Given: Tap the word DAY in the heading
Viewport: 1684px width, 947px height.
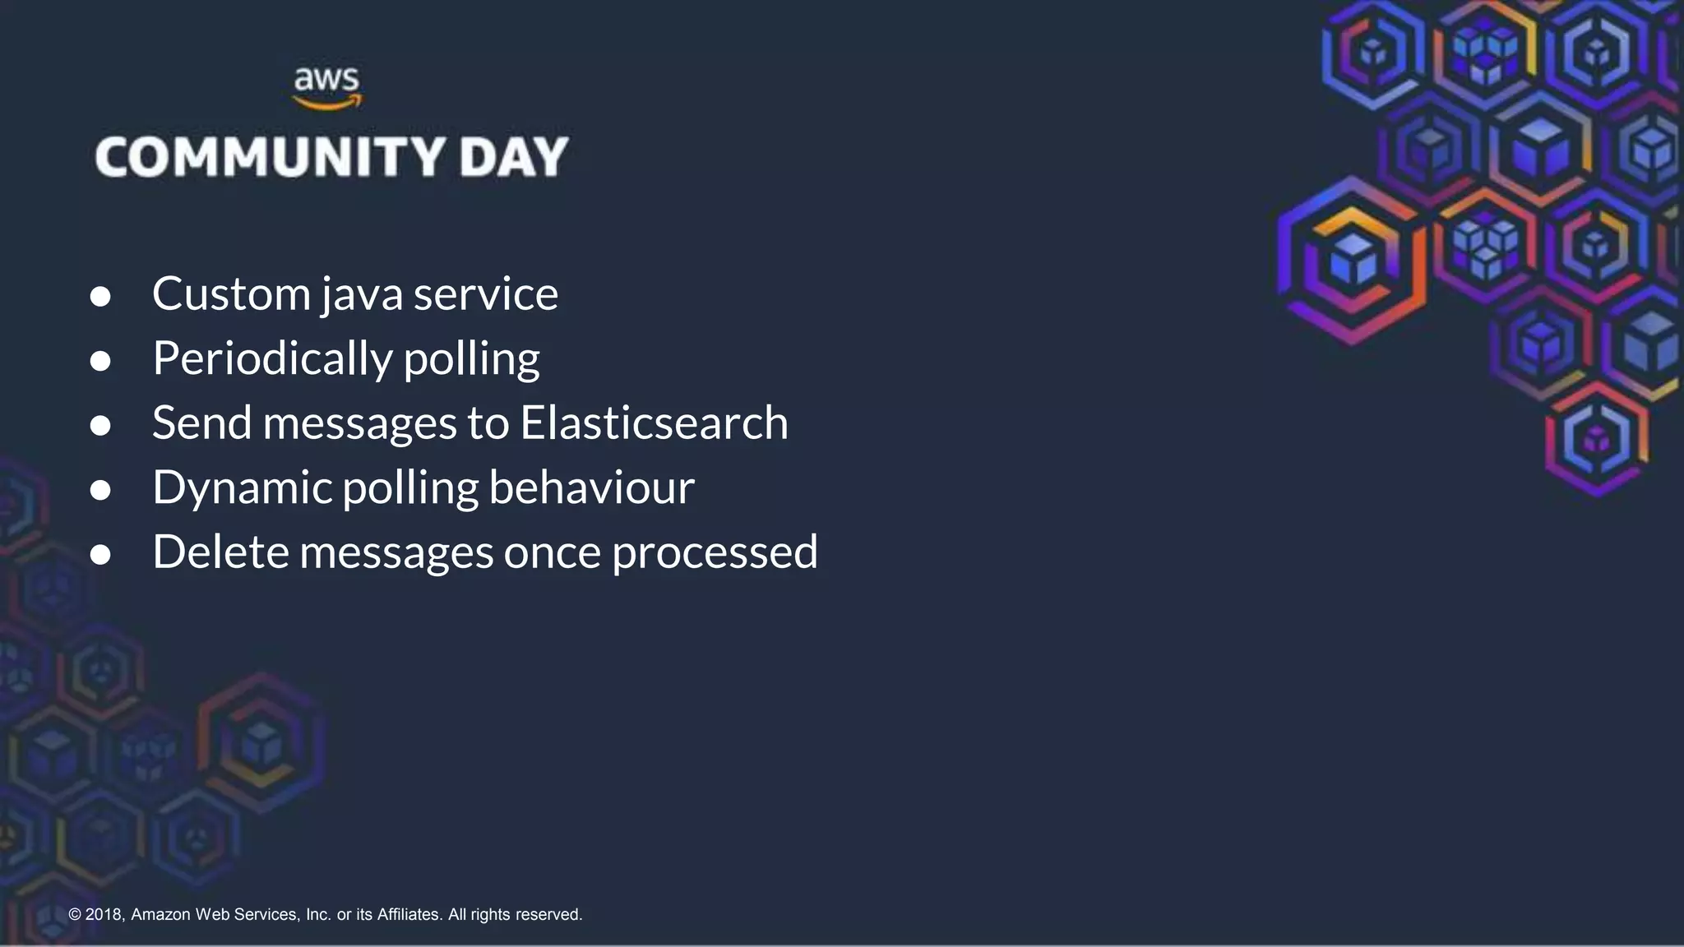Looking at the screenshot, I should pos(514,157).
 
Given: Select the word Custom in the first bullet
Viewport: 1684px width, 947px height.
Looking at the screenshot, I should pos(231,294).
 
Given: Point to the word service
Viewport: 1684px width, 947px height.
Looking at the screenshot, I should pos(485,294).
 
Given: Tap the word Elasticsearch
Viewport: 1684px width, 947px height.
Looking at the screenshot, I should pos(654,423).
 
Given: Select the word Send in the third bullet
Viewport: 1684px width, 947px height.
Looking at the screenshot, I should pos(201,423).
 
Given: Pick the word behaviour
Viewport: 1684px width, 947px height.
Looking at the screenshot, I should pos(591,487).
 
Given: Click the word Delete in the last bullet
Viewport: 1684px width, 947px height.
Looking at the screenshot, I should pos(220,552).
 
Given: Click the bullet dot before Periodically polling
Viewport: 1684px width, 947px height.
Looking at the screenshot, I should pos(100,361).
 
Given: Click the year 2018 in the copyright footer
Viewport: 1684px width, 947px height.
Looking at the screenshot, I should pos(104,914).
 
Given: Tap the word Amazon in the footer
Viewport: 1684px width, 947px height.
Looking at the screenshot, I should pos(160,914).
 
